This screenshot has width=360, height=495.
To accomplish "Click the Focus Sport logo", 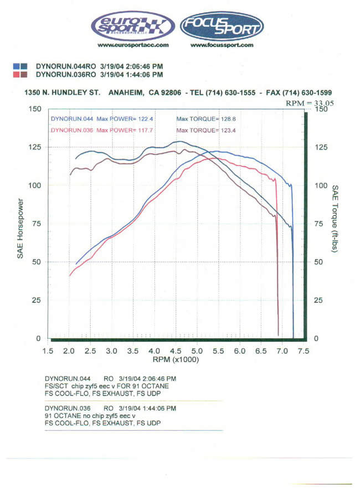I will (222, 26).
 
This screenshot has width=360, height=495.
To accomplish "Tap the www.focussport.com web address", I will (222, 45).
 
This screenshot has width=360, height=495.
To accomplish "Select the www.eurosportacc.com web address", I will (133, 45).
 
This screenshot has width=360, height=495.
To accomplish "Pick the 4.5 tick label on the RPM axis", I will (176, 351).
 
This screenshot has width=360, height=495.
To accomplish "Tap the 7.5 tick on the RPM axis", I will (303, 351).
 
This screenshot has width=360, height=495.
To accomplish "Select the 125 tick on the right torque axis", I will (321, 147).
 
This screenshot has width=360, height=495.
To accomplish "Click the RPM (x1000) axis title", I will (176, 359).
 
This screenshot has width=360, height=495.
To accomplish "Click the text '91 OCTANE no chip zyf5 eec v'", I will (90, 415).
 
